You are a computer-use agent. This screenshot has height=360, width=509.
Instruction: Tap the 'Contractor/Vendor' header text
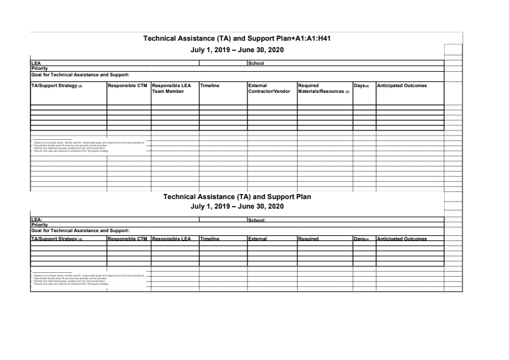(269, 92)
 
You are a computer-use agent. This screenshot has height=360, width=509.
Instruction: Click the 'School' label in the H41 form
(256, 63)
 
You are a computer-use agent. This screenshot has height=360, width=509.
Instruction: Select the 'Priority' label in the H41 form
(40, 68)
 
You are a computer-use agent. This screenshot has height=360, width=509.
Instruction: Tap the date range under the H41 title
(237, 50)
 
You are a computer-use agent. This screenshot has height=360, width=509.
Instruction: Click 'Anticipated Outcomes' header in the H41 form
(401, 85)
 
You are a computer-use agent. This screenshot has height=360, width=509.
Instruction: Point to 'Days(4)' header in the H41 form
(361, 85)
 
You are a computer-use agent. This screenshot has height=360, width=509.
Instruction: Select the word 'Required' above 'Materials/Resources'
(309, 85)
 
